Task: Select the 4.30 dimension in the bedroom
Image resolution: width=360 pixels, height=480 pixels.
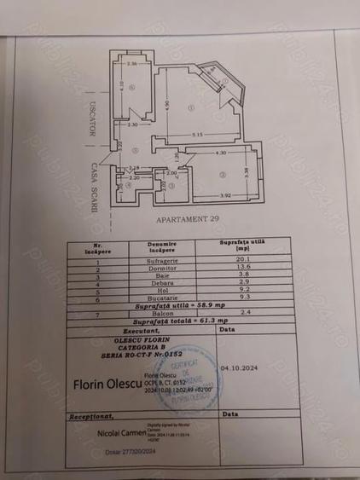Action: click(x=221, y=153)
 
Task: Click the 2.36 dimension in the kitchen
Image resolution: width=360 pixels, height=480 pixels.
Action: click(x=132, y=65)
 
